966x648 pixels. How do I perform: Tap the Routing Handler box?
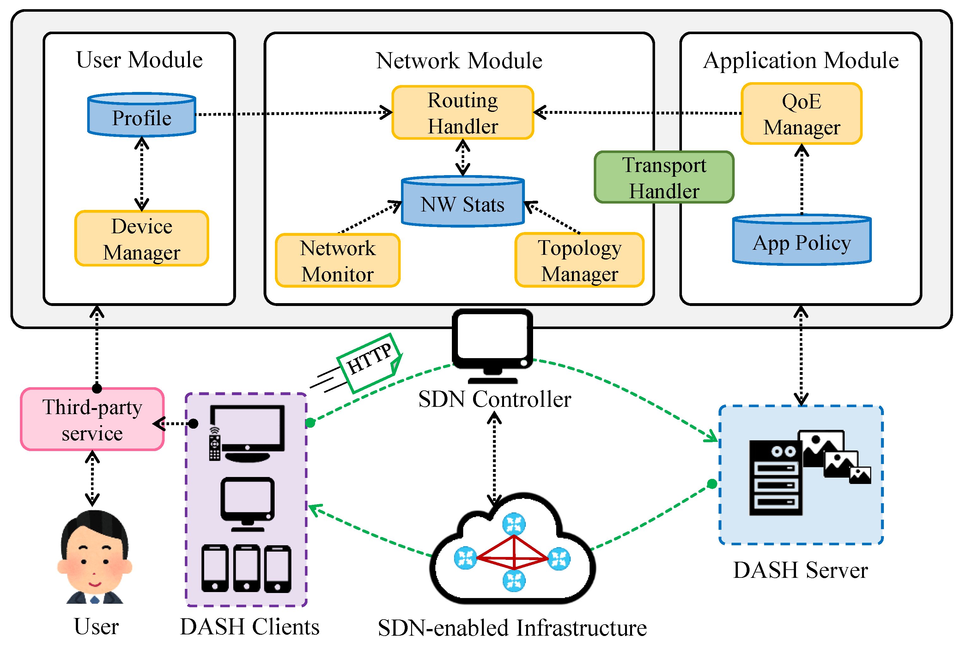463,113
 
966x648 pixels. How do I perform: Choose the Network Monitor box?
337,260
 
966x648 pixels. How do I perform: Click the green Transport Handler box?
664,177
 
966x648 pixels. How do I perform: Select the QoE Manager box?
802,114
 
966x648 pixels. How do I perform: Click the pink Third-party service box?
93,419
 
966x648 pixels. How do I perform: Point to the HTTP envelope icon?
369,363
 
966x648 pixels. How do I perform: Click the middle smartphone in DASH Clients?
247,568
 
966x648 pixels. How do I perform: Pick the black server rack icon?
775,477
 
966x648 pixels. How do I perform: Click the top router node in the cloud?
513,524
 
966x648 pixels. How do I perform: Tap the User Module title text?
139,60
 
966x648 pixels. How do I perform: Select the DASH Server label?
800,570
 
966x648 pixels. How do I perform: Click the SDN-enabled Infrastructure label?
512,628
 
